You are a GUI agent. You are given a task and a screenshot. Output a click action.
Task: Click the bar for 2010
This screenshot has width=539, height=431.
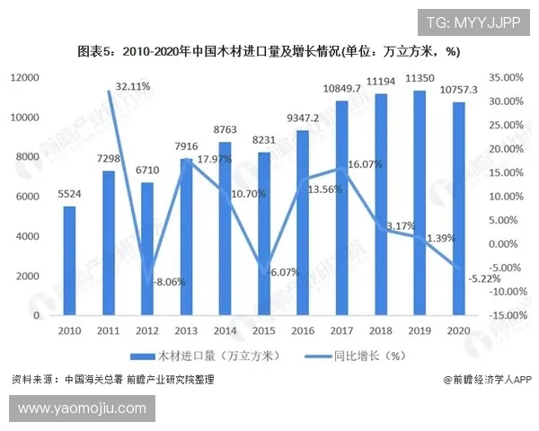tap(69, 261)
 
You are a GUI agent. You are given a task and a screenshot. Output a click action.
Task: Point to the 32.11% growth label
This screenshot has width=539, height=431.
tap(133, 86)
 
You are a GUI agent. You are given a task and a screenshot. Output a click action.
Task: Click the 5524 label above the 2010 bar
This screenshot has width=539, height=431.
tap(69, 193)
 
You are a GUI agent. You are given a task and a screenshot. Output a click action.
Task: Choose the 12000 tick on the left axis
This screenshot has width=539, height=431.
tap(25, 78)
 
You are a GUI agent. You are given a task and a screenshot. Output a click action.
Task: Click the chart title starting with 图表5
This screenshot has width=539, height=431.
tap(269, 50)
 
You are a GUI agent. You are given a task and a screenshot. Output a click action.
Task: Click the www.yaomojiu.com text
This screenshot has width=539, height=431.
tap(82, 409)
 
